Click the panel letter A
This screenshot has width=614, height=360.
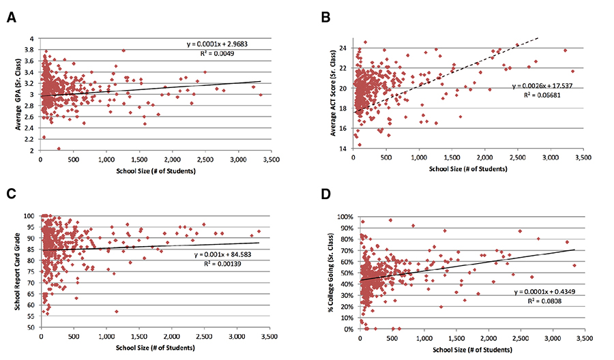[11, 18]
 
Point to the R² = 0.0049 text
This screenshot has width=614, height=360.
[210, 55]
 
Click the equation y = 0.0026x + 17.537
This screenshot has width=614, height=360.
[542, 86]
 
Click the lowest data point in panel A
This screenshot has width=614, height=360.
[59, 148]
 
